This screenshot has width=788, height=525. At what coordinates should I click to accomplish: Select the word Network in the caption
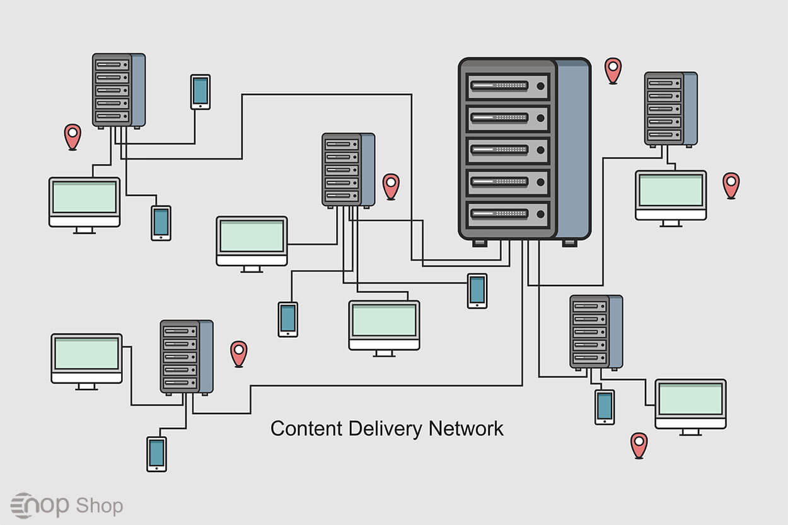tap(466, 429)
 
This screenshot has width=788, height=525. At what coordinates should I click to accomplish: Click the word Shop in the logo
tap(99, 505)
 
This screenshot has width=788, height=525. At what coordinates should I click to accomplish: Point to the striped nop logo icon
tap(23, 505)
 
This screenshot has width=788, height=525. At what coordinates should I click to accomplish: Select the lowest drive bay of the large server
tap(507, 214)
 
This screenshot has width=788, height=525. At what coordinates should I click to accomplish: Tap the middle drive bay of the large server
tap(507, 150)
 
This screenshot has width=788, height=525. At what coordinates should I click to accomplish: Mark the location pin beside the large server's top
tap(613, 69)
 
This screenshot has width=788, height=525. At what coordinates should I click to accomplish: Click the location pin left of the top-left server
tap(72, 136)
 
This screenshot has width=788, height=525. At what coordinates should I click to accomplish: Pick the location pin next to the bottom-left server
tap(238, 353)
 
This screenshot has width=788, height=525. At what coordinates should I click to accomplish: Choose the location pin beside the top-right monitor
tap(731, 184)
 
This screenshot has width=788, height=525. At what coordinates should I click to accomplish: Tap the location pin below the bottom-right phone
tap(639, 444)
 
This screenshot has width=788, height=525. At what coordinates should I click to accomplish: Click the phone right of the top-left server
tap(200, 92)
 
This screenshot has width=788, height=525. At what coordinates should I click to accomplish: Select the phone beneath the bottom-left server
tap(156, 454)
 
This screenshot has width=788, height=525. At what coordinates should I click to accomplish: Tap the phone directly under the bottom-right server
tap(605, 407)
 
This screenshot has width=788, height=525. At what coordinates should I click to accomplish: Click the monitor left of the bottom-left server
tap(86, 358)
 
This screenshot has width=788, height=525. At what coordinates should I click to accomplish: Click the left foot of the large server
tap(479, 243)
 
